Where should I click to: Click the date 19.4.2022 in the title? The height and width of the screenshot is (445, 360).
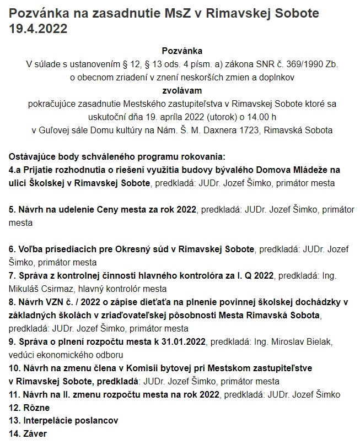[x=39, y=29]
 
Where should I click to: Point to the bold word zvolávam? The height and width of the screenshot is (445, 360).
[x=182, y=90]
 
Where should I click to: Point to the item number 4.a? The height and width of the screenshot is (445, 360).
[x=16, y=170]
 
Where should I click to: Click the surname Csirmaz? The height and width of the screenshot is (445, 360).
[x=58, y=289]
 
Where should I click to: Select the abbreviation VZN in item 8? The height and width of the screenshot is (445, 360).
[x=51, y=302]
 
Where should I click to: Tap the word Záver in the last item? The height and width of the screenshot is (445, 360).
[x=35, y=434]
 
